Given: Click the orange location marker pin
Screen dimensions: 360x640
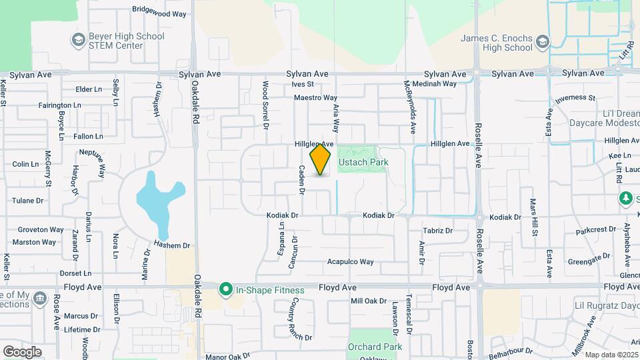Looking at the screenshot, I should pos(321,159).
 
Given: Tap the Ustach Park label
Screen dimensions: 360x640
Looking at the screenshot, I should pos(363,162).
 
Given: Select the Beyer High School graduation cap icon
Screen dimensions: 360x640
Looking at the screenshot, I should pos(78,41).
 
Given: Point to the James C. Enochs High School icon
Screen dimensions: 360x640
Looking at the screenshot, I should pos(542,43).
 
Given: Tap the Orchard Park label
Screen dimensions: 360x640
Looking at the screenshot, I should pos(375,347).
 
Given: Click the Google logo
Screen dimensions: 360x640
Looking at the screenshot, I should pos(22,352).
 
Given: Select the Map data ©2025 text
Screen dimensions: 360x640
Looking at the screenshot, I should pos(611,355).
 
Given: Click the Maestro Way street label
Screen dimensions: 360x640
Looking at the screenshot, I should pos(316,98).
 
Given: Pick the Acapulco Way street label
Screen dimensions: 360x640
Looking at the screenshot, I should pos(350,261).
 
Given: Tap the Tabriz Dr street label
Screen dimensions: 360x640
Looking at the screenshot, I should pos(437,231).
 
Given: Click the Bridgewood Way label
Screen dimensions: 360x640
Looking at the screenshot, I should pos(159,12).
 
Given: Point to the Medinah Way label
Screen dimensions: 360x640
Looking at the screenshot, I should pos(435,84).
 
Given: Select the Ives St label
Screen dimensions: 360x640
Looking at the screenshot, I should pos(303,84).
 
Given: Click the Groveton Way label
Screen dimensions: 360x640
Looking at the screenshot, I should pos(41,229).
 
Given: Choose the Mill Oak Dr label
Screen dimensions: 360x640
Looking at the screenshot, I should pos(369,301).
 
